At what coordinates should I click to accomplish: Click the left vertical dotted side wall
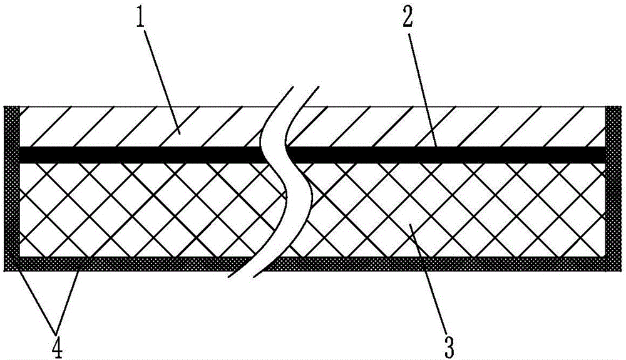12,188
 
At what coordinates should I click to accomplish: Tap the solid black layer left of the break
138,155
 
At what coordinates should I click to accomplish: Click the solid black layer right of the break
451,155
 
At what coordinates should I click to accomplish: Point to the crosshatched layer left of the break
138,210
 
